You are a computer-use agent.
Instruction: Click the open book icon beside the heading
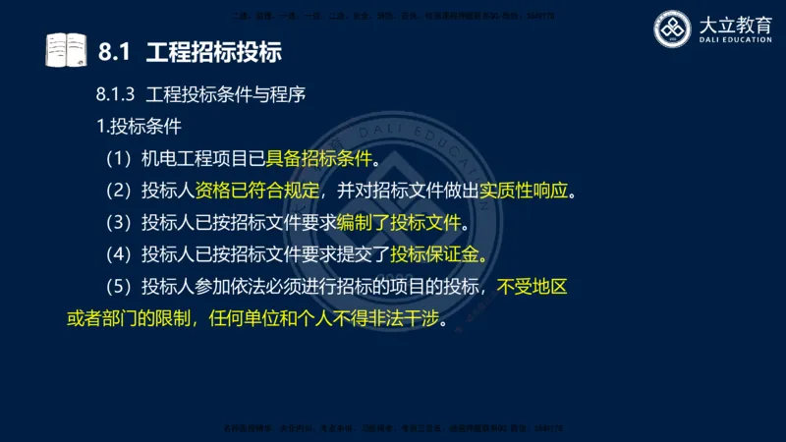[x=66, y=50]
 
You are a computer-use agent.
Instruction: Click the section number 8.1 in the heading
[x=116, y=51]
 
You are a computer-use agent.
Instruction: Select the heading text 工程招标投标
[x=206, y=51]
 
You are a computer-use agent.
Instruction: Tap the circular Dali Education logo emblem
[x=675, y=28]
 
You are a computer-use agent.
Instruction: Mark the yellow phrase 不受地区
[x=532, y=288]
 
